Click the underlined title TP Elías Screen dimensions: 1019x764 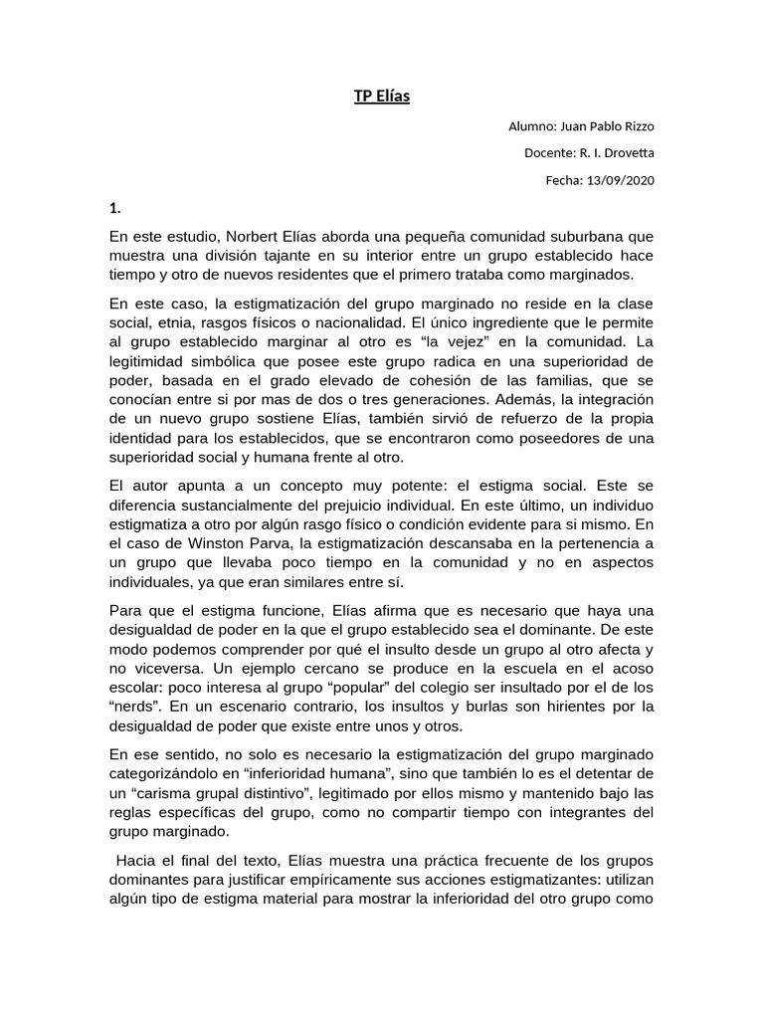pos(382,97)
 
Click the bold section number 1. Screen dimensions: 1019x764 pos(114,208)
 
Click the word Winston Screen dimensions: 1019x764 pos(201,544)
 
